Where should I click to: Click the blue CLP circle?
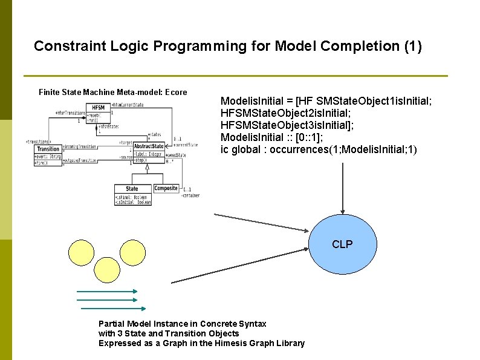coord(342,245)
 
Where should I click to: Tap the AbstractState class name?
coord(149,146)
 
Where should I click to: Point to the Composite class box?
coord(166,188)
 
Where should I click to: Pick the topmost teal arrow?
coord(106,292)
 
